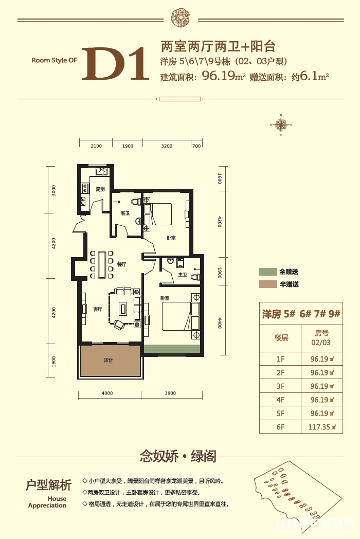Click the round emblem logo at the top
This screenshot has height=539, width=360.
(180, 17)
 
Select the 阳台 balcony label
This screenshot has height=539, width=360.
(108, 361)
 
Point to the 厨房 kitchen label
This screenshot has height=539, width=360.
(100, 189)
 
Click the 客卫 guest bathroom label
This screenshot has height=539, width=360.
(124, 212)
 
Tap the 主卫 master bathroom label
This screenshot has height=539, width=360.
(182, 275)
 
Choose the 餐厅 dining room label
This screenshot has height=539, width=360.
(121, 264)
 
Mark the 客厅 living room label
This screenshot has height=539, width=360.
(98, 309)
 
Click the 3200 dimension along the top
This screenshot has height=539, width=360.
(166, 146)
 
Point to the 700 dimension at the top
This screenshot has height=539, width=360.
(196, 146)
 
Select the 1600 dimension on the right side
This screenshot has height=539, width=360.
(220, 179)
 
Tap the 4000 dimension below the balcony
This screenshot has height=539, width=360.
(107, 393)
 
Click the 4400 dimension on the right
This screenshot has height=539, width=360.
(220, 323)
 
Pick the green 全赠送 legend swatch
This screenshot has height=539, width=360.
(267, 272)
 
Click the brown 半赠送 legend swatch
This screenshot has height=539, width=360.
(267, 284)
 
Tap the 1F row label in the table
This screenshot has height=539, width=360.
(281, 360)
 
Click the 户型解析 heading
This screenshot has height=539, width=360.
(48, 485)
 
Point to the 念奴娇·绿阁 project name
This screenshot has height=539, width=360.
(178, 456)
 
